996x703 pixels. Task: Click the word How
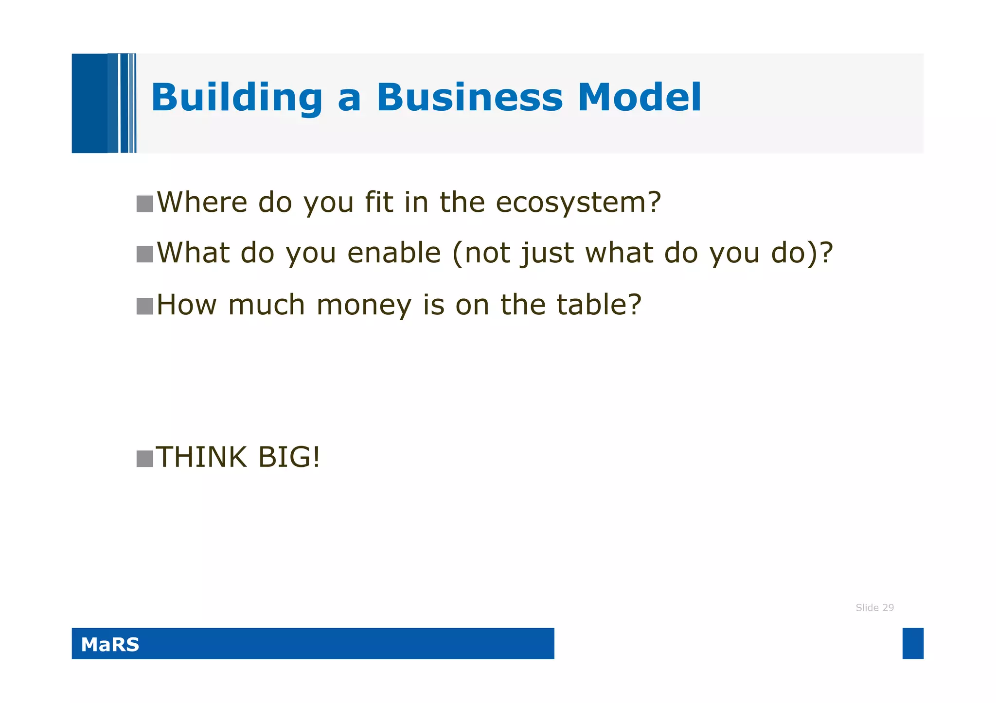pyautogui.click(x=187, y=305)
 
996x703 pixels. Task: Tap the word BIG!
pyautogui.click(x=289, y=457)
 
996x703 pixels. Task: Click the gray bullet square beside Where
pyautogui.click(x=145, y=204)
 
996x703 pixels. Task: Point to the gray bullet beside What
pyautogui.click(x=145, y=254)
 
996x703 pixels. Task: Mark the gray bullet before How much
pyautogui.click(x=145, y=306)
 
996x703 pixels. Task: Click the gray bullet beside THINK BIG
pyautogui.click(x=145, y=459)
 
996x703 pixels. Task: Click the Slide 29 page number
pyautogui.click(x=874, y=607)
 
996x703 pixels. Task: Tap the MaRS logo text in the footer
pyautogui.click(x=110, y=644)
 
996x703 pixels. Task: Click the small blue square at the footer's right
pyautogui.click(x=913, y=643)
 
